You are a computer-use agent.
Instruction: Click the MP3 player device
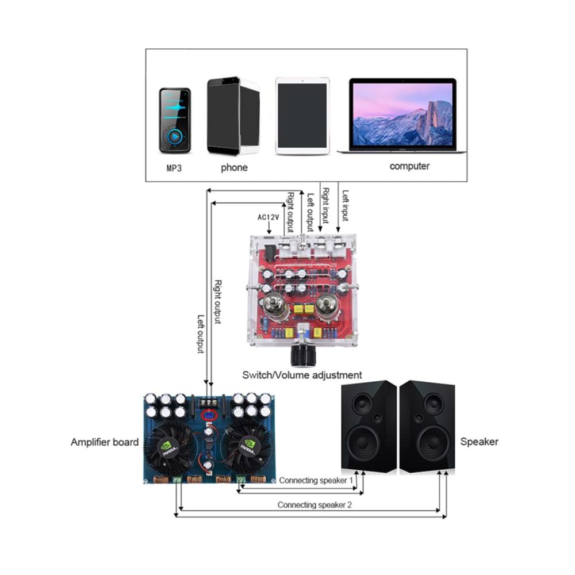[x=175, y=120]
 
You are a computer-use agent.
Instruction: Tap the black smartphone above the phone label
[x=224, y=116]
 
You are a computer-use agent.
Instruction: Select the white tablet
[x=302, y=117]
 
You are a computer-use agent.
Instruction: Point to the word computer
[x=409, y=166]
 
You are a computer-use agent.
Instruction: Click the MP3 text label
[x=174, y=168]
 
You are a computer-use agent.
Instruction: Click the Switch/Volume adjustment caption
[x=302, y=375]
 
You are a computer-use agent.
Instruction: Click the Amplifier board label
[x=105, y=442]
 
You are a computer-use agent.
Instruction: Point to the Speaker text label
[x=480, y=442]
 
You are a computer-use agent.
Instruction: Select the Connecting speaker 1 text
[x=316, y=480]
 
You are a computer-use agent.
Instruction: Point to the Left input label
[x=345, y=206]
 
